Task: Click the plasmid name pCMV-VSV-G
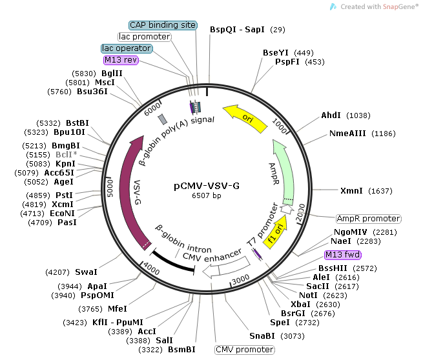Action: coord(207,186)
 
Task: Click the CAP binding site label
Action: coord(163,25)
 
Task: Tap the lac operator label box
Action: coord(126,48)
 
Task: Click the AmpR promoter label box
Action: coord(368,219)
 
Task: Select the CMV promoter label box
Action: coord(244,350)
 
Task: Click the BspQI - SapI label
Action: coord(237,30)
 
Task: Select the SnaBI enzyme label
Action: coord(262,335)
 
